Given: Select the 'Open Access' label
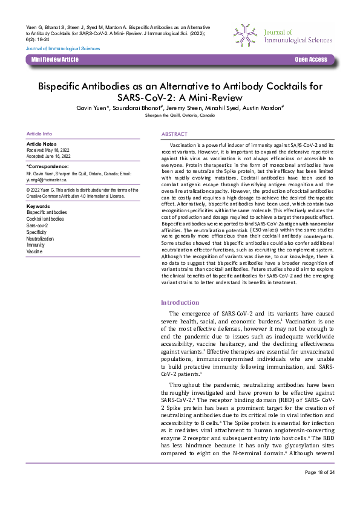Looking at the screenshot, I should click(310, 60).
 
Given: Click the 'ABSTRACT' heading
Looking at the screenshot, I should click(174, 134).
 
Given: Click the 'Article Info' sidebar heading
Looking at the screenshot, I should click(39, 134).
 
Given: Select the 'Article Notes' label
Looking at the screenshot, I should click(42, 144).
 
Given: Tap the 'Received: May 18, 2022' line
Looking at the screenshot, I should click(48, 150).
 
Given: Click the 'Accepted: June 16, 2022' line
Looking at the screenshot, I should click(49, 156).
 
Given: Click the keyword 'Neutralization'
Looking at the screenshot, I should click(41, 238).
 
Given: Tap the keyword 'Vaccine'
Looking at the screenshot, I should click(34, 251).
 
